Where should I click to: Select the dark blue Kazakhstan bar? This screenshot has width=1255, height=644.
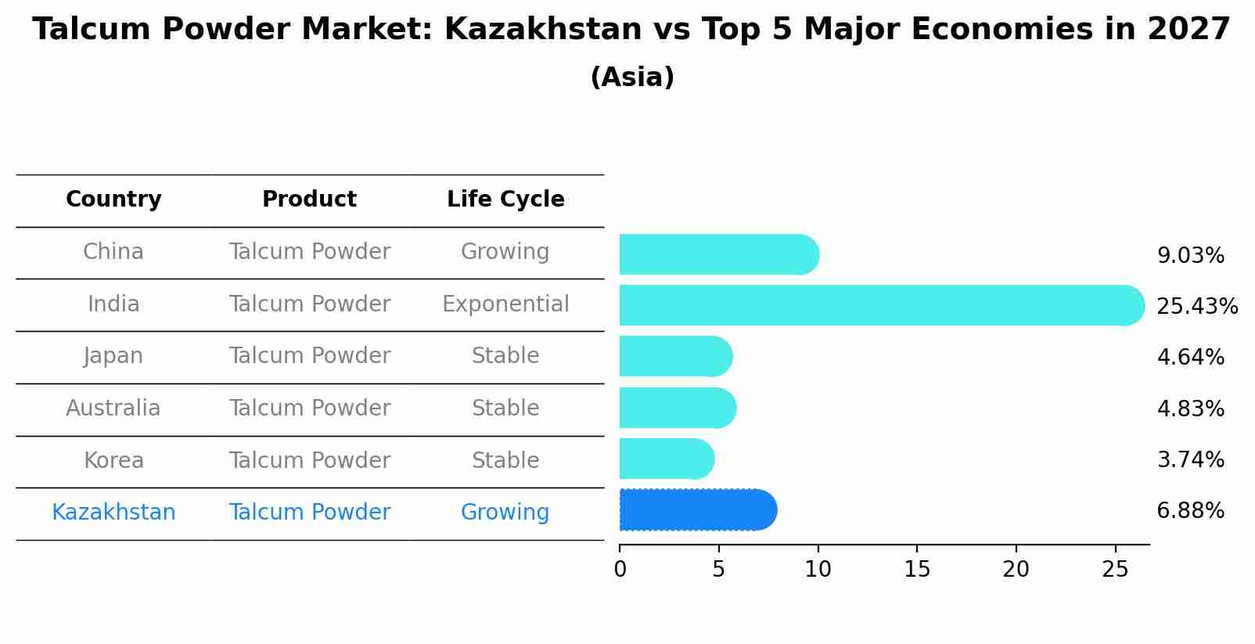tap(696, 510)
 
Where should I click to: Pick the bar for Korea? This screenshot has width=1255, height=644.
tap(666, 459)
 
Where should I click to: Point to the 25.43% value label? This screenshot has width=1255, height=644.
tap(1196, 306)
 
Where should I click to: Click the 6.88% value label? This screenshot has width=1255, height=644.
tap(1190, 511)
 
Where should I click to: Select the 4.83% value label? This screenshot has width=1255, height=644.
tap(1190, 408)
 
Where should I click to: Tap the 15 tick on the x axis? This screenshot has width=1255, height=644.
tap(917, 570)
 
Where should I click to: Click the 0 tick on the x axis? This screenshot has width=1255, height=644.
tap(620, 570)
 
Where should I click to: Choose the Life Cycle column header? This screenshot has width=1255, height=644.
tap(505, 200)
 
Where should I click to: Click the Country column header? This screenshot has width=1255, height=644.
tap(113, 200)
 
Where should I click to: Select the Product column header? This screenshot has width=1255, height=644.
tap(309, 200)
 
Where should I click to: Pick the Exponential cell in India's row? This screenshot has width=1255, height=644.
tap(505, 304)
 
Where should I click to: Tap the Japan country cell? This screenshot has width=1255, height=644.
tap(113, 356)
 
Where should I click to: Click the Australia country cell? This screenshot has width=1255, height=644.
tap(113, 408)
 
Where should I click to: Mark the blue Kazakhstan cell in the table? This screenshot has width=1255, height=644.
tap(113, 513)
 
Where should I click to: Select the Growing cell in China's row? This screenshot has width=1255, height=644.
tap(505, 252)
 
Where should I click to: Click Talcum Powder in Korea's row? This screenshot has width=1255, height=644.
tap(309, 461)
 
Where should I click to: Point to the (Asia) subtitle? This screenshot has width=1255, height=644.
tap(632, 77)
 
